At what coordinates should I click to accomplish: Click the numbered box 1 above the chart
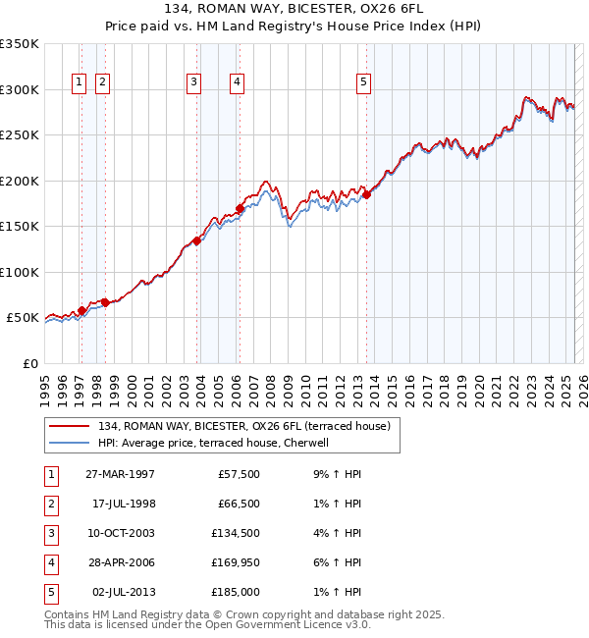[79, 83]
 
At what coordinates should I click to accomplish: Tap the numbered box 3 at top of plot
[194, 83]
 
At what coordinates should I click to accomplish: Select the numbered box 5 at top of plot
[363, 83]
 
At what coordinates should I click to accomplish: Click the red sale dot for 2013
[366, 195]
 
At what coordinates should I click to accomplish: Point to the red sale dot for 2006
[241, 208]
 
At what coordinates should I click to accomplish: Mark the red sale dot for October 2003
[197, 240]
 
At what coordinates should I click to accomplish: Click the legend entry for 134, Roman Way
[244, 426]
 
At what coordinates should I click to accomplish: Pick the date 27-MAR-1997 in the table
[120, 474]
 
